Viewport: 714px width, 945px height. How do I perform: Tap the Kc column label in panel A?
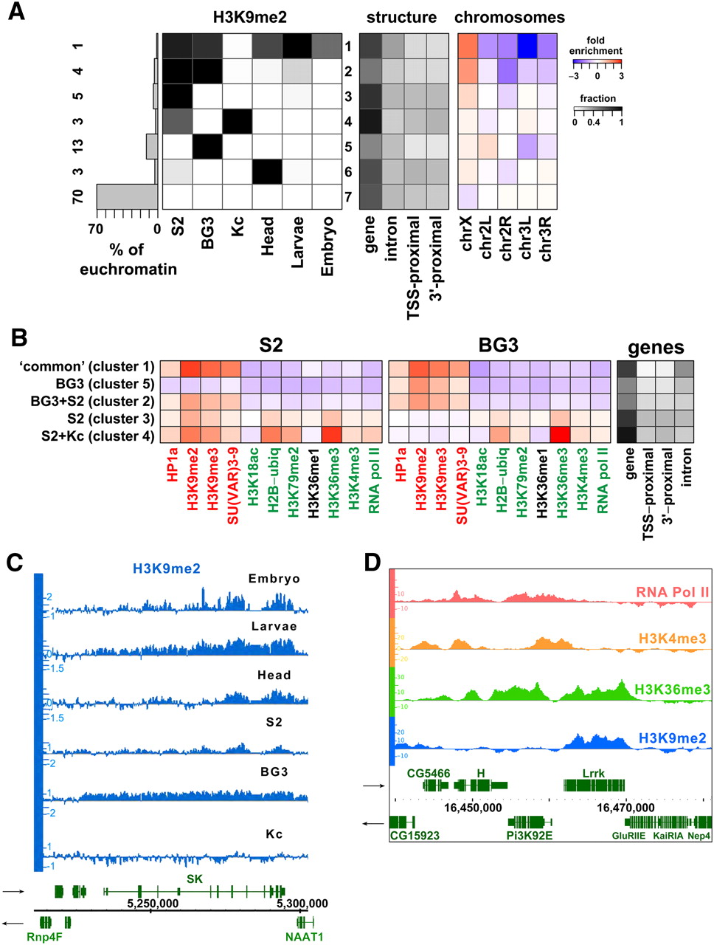pos(238,226)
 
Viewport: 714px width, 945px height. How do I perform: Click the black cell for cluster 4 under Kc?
pos(238,121)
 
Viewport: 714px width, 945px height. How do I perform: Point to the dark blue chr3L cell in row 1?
pos(526,46)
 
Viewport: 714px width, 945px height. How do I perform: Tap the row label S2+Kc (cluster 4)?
pos(98,436)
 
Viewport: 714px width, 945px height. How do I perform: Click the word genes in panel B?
pos(656,348)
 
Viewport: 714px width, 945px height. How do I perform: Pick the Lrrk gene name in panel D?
pos(593,773)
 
